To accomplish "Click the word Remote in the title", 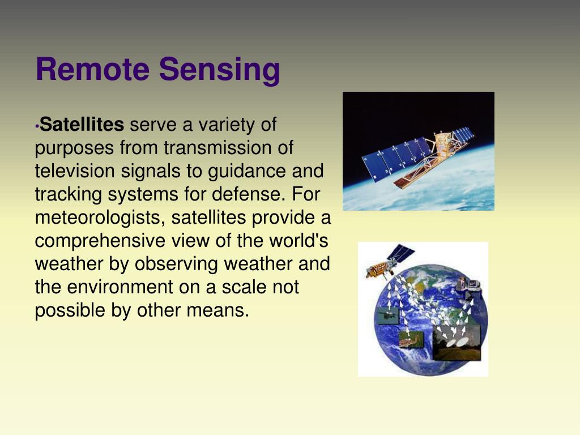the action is point(92,69).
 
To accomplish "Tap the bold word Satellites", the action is point(82,124).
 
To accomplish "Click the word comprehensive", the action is point(100,241).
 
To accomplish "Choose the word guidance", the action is point(247,172).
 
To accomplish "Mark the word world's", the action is point(298,240).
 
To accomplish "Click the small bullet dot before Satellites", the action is point(37,126).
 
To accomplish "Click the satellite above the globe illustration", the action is point(389,261).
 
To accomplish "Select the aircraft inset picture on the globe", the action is point(387,315).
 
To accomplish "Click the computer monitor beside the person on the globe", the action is point(474,284).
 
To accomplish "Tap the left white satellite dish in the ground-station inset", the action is point(451,343).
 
